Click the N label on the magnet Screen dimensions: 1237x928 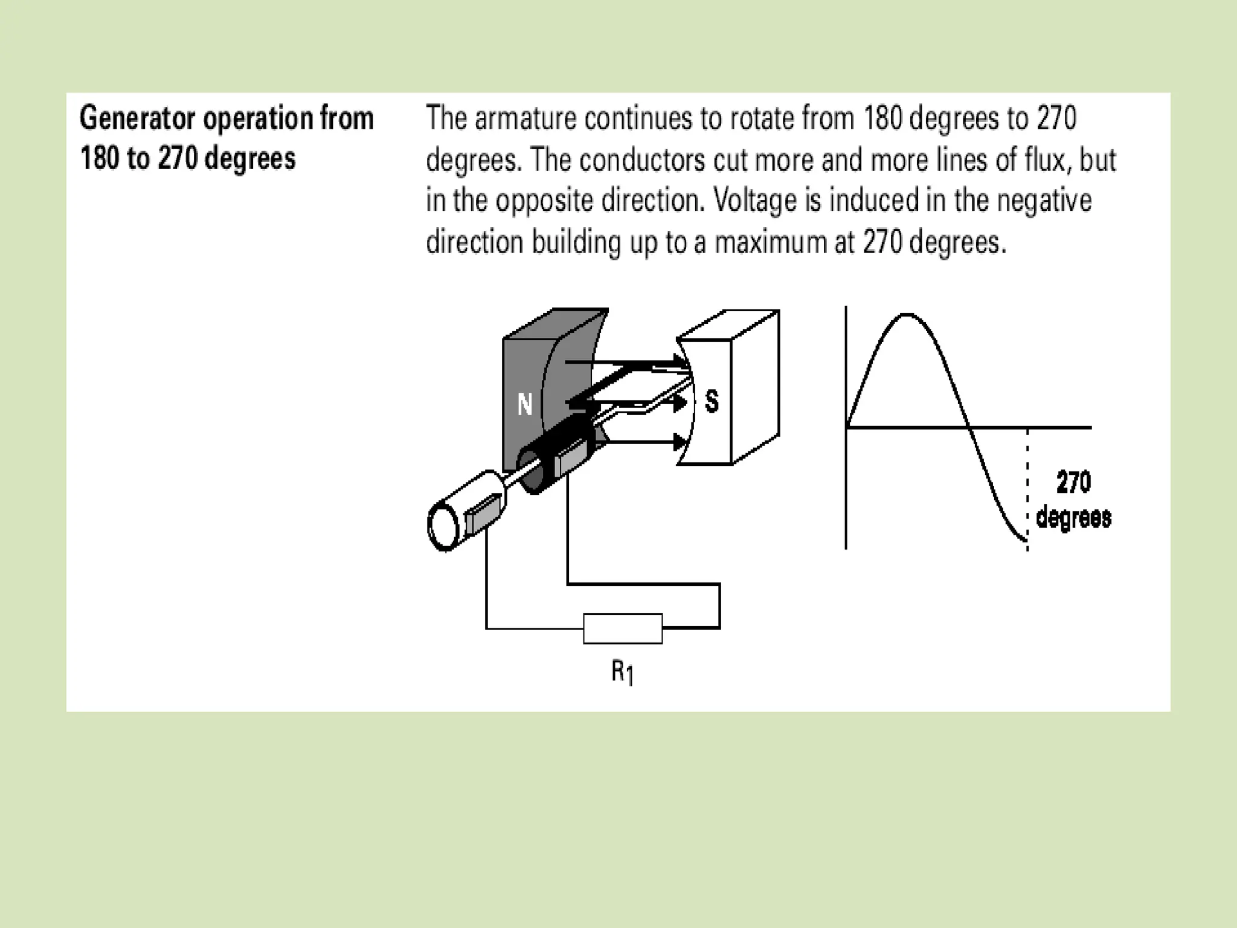click(x=525, y=404)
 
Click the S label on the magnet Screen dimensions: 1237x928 click(x=712, y=401)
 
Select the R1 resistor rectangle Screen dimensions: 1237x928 click(x=622, y=628)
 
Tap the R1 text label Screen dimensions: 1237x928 click(x=622, y=672)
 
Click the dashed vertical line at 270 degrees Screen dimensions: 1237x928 click(x=1027, y=483)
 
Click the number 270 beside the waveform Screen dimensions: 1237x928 click(x=1073, y=482)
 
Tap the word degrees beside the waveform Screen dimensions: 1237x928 click(x=1073, y=518)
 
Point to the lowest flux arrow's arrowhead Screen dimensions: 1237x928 click(x=680, y=443)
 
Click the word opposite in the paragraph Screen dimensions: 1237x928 click(x=544, y=201)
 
